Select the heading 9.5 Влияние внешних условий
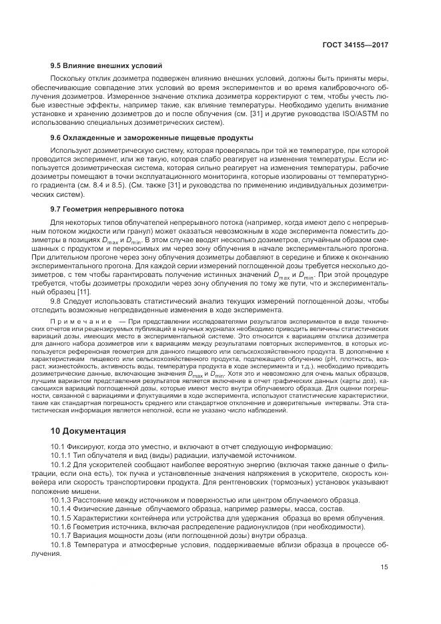[106, 66]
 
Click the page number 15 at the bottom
[384, 569]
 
